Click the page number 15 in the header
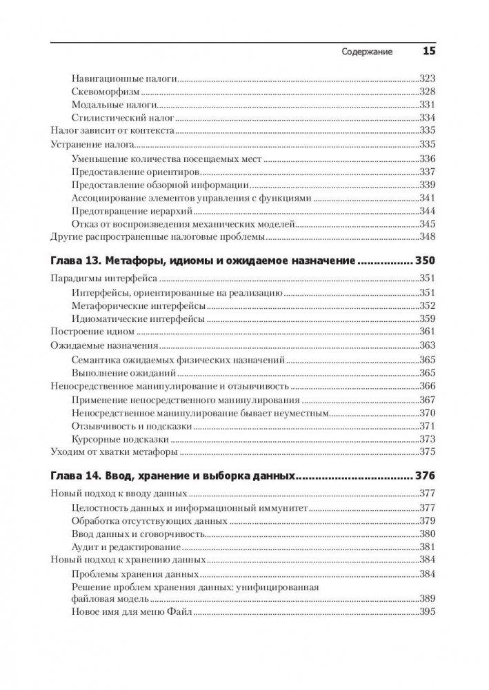tap(429, 51)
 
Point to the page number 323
tap(428, 79)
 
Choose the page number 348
tap(428, 237)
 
